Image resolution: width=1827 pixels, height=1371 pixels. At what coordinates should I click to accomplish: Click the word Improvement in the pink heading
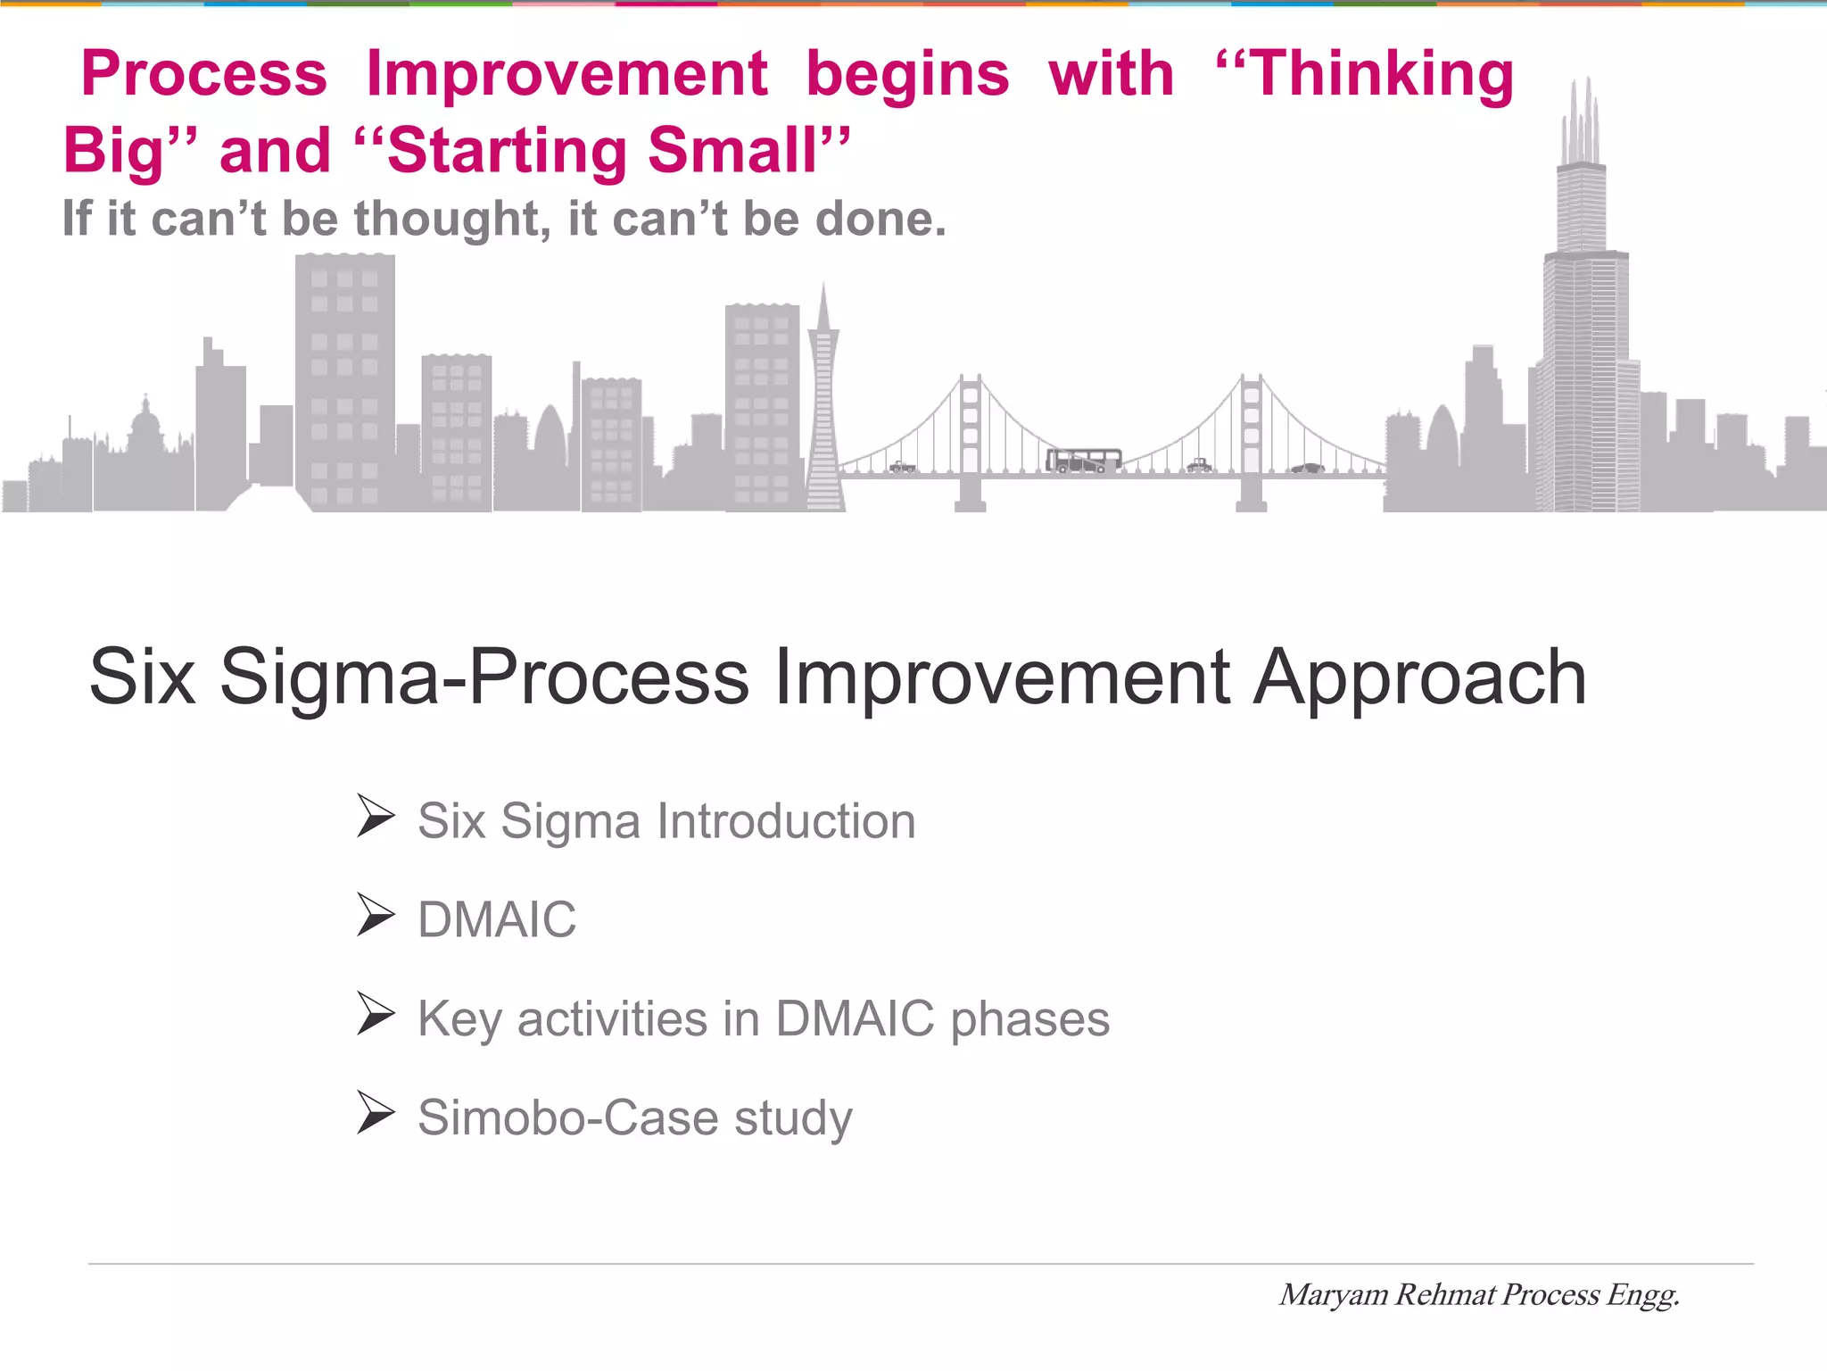(x=566, y=74)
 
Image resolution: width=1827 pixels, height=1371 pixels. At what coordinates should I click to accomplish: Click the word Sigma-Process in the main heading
(x=484, y=677)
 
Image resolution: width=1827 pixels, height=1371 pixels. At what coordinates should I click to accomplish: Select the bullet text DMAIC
(x=497, y=919)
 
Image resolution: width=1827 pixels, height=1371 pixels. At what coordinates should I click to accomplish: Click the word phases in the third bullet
(x=1029, y=1019)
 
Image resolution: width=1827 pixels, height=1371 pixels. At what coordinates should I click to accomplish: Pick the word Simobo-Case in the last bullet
(x=567, y=1118)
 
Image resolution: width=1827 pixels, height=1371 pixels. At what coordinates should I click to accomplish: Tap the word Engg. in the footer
(x=1643, y=1295)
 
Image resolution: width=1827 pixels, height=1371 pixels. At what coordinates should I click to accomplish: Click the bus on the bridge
(x=1083, y=461)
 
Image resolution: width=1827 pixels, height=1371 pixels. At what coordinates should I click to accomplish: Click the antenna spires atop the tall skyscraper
(x=1582, y=120)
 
